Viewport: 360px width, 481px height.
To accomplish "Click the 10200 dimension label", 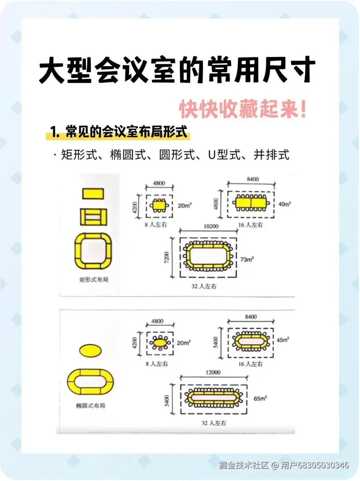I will click(211, 226).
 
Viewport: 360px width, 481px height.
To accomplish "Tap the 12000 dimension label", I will click(213, 372).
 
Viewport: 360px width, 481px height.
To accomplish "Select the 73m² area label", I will click(247, 259).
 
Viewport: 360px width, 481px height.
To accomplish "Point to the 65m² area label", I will click(260, 398).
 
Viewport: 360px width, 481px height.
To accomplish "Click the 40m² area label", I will click(284, 204).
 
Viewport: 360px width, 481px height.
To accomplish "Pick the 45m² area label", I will click(283, 340).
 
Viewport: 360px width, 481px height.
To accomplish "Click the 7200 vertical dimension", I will click(167, 257).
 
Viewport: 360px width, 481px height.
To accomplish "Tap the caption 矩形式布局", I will click(94, 280).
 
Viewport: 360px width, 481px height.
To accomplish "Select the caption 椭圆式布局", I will click(90, 406).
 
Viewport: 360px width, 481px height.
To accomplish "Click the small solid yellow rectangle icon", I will click(93, 194).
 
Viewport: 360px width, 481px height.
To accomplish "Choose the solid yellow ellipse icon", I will click(90, 350).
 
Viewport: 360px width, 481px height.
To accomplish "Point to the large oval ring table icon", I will click(90, 382).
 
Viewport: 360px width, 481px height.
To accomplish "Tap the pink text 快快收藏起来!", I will click(243, 109).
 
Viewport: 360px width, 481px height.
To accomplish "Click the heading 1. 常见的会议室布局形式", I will click(119, 132).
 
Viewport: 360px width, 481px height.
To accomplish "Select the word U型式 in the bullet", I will click(224, 155).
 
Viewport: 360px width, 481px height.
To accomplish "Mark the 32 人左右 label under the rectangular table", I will click(204, 286).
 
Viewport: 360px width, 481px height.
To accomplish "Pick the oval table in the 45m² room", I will click(251, 341).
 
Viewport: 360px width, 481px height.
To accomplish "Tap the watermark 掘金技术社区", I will click(244, 465).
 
